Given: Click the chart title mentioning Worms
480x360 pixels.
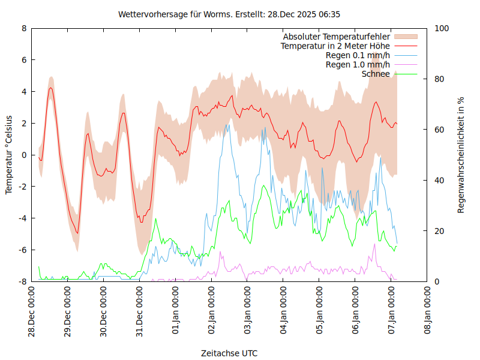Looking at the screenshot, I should coord(229,14).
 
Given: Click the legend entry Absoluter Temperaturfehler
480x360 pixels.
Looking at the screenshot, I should coord(337,37).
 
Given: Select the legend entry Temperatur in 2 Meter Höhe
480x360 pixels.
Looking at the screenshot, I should coord(335,46).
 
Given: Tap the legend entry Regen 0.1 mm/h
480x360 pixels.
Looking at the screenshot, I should coord(358,55).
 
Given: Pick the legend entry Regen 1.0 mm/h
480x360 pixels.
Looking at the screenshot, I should coord(358,64).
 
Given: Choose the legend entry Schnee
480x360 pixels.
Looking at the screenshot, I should coord(376,74).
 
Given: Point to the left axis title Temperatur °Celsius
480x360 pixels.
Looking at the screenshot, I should coord(9,154).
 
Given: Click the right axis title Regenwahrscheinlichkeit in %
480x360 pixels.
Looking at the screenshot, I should coord(461,154).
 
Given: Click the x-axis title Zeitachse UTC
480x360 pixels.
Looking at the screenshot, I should coord(229,353).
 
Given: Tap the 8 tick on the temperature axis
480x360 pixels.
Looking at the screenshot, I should coord(24,28).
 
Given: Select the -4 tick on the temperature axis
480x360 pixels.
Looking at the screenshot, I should coord(22,218).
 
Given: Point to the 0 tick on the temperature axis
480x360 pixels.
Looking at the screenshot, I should coord(24,155).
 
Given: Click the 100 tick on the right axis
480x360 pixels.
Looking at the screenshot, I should coord(442,28).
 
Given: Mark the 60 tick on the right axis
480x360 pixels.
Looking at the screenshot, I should coord(440,130).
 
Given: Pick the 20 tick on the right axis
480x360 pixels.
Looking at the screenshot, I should coord(440,231).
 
